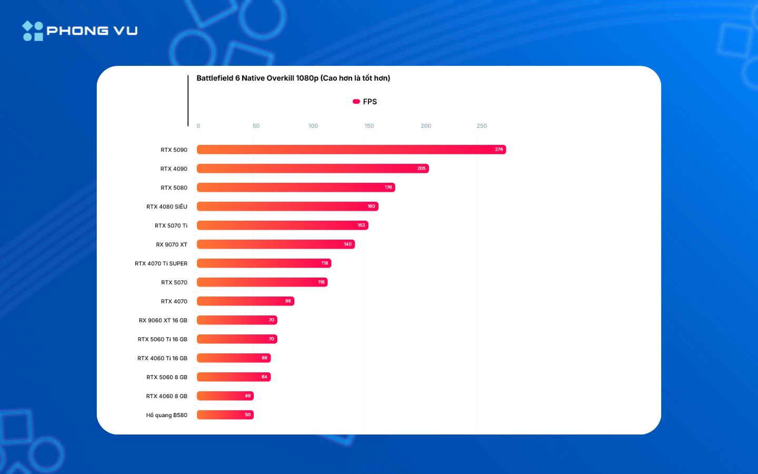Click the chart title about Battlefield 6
(293, 78)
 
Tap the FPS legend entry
(365, 102)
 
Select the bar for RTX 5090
(351, 150)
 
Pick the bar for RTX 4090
(313, 169)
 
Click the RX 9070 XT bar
(275, 244)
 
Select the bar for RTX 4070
(245, 301)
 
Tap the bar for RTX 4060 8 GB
(225, 396)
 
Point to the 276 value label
(499, 150)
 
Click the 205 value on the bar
(422, 169)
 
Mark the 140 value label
(348, 244)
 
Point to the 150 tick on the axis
(369, 126)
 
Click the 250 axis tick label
(482, 126)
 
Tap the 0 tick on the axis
(198, 126)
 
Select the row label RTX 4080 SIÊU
(167, 206)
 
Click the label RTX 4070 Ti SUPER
(161, 263)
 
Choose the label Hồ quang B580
(167, 415)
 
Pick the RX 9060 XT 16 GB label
(163, 320)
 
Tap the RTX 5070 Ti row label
(171, 225)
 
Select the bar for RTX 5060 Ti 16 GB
(237, 339)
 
